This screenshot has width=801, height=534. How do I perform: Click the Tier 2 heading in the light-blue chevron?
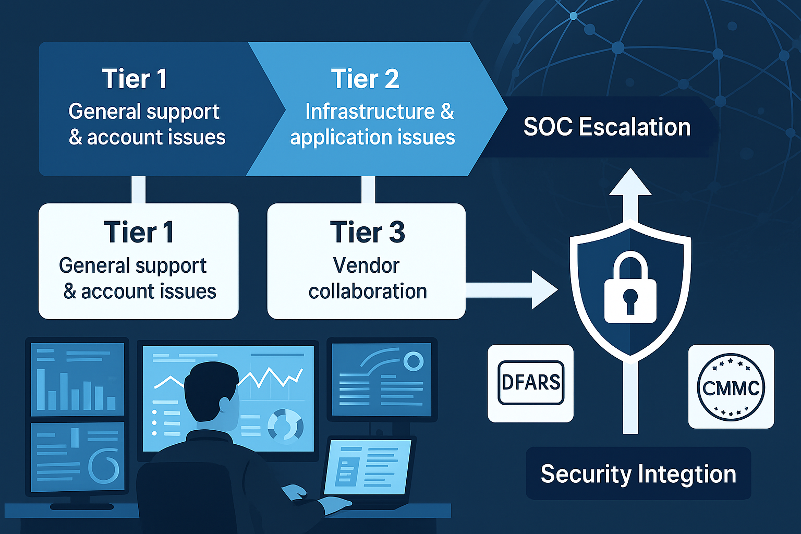tap(365, 79)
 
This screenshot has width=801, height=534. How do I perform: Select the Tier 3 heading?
tap(367, 232)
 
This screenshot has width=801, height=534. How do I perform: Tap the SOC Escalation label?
tap(606, 127)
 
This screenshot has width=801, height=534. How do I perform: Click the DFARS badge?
tap(531, 383)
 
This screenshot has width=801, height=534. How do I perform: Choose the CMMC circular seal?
tap(731, 387)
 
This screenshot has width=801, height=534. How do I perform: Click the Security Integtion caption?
tap(638, 474)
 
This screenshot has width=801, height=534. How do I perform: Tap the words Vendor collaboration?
tap(367, 278)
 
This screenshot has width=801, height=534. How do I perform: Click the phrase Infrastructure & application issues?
tap(372, 124)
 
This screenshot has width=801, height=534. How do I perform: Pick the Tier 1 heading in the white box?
tap(138, 232)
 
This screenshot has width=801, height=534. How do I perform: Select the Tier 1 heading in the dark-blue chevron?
tap(135, 79)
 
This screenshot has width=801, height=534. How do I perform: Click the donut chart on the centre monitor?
tap(285, 425)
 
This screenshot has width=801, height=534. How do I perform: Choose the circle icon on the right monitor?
tap(413, 361)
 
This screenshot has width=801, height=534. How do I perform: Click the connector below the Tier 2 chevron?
tap(368, 189)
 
